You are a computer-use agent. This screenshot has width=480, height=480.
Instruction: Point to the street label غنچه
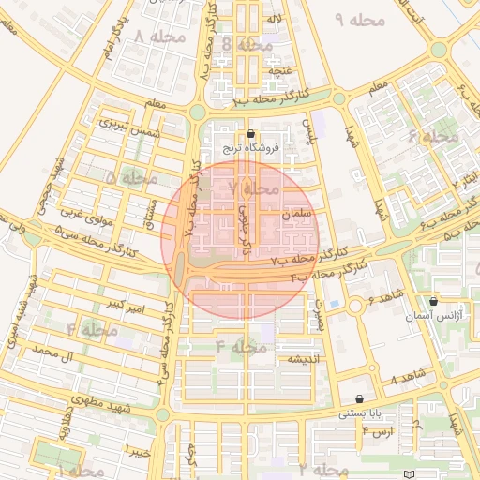click(x=278, y=70)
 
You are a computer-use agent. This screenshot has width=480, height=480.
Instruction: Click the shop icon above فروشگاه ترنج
click(x=249, y=134)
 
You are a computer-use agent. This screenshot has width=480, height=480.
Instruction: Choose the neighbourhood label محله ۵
click(x=131, y=177)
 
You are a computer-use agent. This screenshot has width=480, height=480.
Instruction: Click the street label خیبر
click(x=139, y=453)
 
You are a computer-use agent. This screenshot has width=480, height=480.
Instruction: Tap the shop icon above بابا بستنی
click(x=360, y=398)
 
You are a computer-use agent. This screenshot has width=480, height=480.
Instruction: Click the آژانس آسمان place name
click(x=432, y=320)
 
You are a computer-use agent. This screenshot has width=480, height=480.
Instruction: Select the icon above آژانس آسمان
click(x=433, y=302)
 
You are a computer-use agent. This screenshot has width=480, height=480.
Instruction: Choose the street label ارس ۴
click(x=377, y=431)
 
